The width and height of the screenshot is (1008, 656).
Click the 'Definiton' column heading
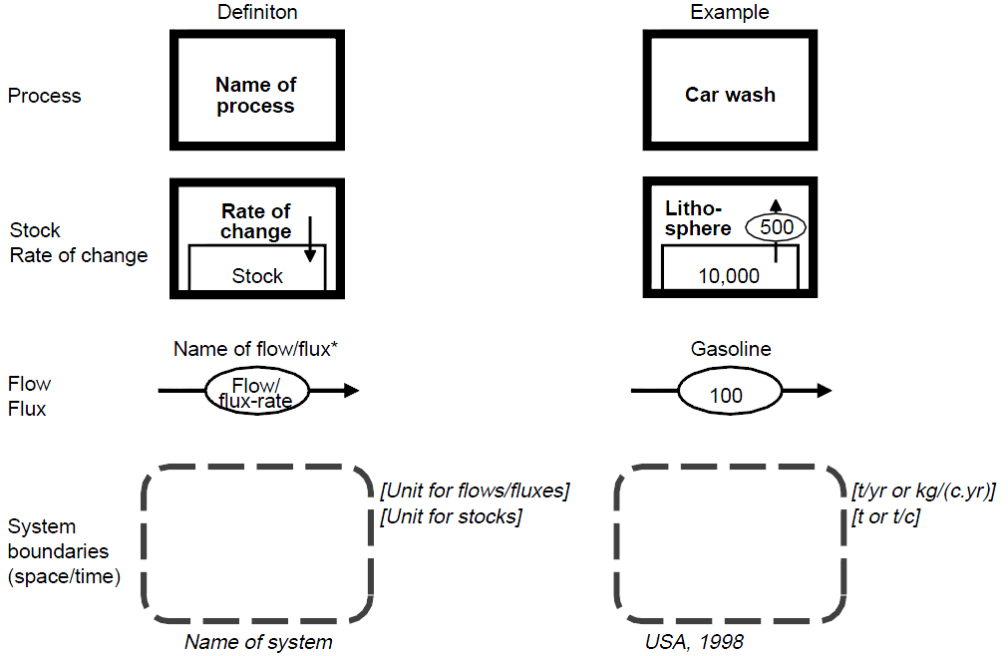(x=256, y=12)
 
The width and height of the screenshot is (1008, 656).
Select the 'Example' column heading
(x=730, y=12)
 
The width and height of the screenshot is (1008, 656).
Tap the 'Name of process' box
(x=256, y=96)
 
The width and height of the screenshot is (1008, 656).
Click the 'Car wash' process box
(x=730, y=96)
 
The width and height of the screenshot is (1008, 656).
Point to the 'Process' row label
(x=45, y=96)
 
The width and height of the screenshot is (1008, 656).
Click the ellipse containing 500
(x=777, y=227)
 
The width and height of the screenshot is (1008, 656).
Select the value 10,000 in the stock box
(x=729, y=276)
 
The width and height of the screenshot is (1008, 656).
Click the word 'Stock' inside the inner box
(x=257, y=276)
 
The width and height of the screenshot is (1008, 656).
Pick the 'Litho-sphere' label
(x=697, y=218)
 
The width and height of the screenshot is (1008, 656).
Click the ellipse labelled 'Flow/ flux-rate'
(x=256, y=392)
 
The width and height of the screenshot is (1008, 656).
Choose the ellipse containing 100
(x=726, y=395)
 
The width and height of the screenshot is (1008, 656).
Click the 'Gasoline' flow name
(x=730, y=349)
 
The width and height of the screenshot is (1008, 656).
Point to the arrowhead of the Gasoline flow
(x=824, y=391)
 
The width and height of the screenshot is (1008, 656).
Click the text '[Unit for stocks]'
(x=451, y=516)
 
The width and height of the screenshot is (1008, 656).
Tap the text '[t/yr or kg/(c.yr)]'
(x=922, y=491)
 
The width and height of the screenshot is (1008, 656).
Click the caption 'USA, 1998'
(x=694, y=642)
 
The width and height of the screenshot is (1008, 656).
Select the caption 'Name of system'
(x=258, y=642)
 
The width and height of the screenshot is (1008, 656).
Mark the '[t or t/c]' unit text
(x=884, y=516)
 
